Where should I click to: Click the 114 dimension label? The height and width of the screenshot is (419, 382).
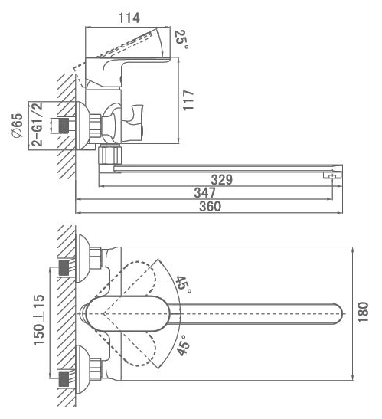(129, 18)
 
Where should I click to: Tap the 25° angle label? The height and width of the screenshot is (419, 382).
(181, 39)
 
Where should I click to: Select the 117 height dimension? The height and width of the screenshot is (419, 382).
(188, 100)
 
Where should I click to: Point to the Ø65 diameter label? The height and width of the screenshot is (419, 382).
(18, 125)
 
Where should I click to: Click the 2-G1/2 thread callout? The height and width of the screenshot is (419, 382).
(38, 124)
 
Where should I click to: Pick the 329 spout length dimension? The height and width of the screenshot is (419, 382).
(222, 179)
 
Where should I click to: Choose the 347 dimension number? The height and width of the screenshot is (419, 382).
(205, 193)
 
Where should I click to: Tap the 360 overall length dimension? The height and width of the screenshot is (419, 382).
(211, 207)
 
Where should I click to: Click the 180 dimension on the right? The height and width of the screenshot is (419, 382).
(363, 312)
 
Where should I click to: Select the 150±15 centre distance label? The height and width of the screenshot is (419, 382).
(39, 319)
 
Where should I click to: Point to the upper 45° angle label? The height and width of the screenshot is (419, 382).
(183, 284)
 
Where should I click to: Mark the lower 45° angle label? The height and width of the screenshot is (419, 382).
(184, 345)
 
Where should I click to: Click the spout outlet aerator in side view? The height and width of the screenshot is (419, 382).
(332, 175)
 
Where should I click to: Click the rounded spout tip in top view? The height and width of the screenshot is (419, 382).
(338, 314)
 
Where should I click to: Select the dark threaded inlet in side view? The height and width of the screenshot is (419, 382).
(64, 126)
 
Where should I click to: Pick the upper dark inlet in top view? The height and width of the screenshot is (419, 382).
(64, 267)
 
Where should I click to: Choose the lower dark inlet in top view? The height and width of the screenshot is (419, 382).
(64, 378)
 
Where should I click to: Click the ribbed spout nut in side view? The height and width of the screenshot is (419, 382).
(109, 155)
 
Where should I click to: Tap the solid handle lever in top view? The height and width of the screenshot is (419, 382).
(128, 314)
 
